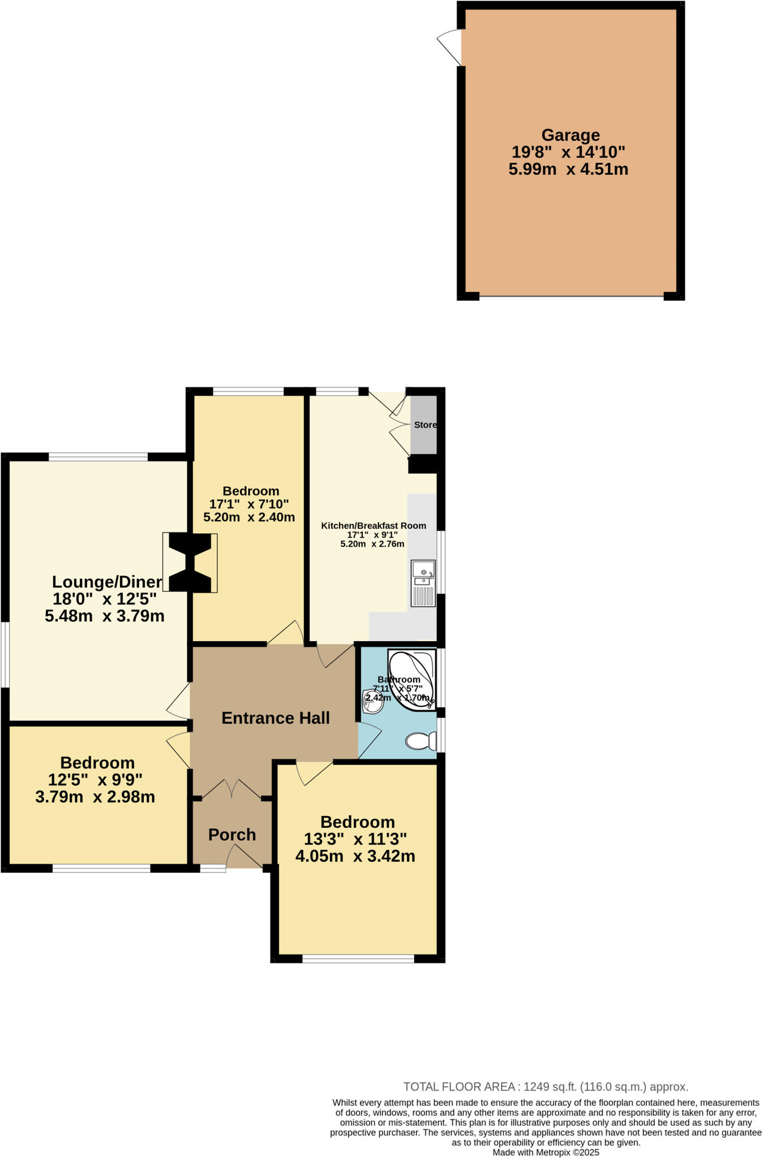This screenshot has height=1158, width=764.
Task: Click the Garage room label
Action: tap(570, 136)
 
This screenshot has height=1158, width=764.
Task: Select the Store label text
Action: tap(425, 425)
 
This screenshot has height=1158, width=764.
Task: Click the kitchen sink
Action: tap(423, 582)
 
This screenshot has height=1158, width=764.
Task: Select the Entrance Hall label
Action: tap(276, 718)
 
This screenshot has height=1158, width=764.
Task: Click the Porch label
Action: tap(232, 835)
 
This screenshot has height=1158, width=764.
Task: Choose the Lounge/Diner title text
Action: tap(107, 581)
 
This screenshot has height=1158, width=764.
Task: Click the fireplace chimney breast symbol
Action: tap(190, 563)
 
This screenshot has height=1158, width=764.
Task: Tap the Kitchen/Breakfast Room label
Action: tap(374, 526)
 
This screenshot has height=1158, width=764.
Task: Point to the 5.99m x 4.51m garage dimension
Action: tap(568, 170)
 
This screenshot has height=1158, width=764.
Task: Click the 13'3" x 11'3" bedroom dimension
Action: tap(356, 839)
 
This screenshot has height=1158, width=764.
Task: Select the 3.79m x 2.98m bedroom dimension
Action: tap(95, 797)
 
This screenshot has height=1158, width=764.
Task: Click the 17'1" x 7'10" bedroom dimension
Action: tap(249, 504)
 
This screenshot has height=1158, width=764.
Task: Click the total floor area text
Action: tap(546, 1087)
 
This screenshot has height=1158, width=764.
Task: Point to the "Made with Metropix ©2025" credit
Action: tap(546, 1152)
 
